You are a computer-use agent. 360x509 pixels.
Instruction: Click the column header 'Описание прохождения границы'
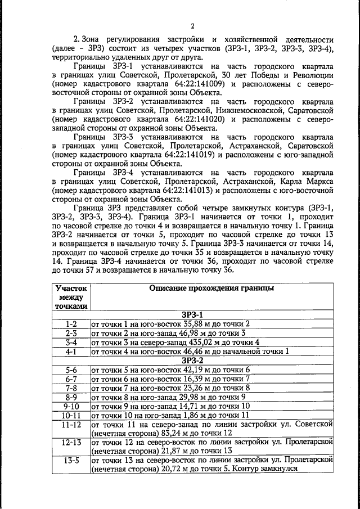[x=211, y=288]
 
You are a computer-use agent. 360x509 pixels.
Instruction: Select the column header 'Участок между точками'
[x=71, y=297]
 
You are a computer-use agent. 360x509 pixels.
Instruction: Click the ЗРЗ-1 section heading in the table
[x=192, y=315]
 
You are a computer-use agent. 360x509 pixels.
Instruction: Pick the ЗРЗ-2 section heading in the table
[x=192, y=361]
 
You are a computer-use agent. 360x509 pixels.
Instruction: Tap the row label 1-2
[x=71, y=324]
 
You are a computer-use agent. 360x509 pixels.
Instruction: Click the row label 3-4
[x=71, y=342]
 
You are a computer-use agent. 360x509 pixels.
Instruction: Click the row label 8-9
[x=71, y=397]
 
